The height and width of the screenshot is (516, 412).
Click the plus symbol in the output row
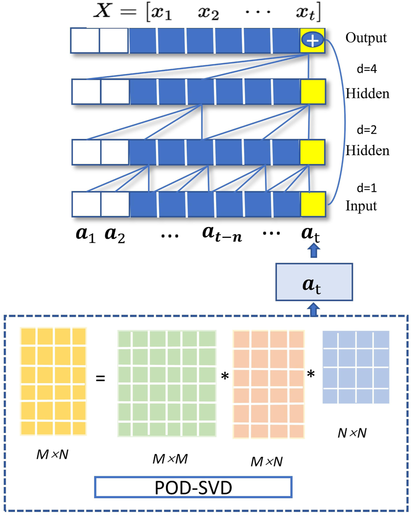coord(313,41)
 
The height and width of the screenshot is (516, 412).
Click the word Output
coord(366,38)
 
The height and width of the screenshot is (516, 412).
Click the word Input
coord(361,206)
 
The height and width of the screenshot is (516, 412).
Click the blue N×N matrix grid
coord(356,367)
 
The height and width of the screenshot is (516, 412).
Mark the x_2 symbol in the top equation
coord(209,14)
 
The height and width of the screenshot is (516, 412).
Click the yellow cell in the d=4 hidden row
coord(313,92)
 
